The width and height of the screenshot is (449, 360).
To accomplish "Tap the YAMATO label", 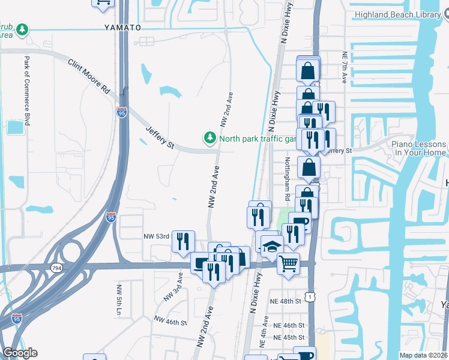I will click(122, 28).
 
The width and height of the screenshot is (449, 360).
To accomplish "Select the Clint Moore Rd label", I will click(89, 76).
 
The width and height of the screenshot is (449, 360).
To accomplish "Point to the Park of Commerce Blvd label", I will click(27, 86).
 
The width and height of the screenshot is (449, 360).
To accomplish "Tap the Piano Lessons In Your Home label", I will click(419, 148).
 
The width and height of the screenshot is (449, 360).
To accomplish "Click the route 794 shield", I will click(57, 268).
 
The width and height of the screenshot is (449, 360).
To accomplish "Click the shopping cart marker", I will click(289, 262).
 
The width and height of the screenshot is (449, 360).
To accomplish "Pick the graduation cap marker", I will click(271, 246).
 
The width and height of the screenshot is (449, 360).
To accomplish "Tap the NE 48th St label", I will click(285, 301).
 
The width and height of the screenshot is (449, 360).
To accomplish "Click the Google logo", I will click(20, 353).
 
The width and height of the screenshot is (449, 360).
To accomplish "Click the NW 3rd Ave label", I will click(179, 282).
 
